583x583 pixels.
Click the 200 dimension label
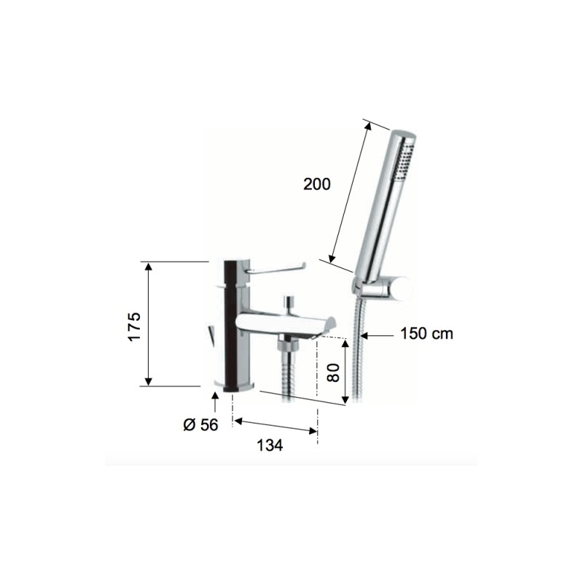pyautogui.click(x=317, y=184)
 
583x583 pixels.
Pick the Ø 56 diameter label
pyautogui.click(x=201, y=425)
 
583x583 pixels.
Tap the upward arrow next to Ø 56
pyautogui.click(x=215, y=399)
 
